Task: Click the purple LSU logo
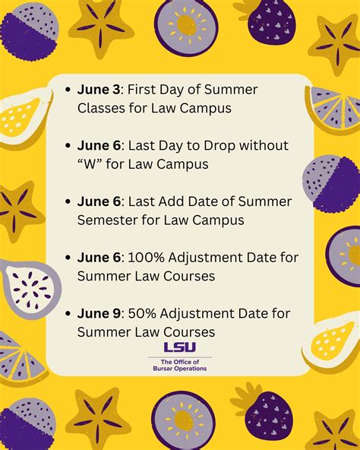(x=179, y=347)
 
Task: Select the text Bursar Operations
(x=179, y=369)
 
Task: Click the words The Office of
(x=179, y=360)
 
